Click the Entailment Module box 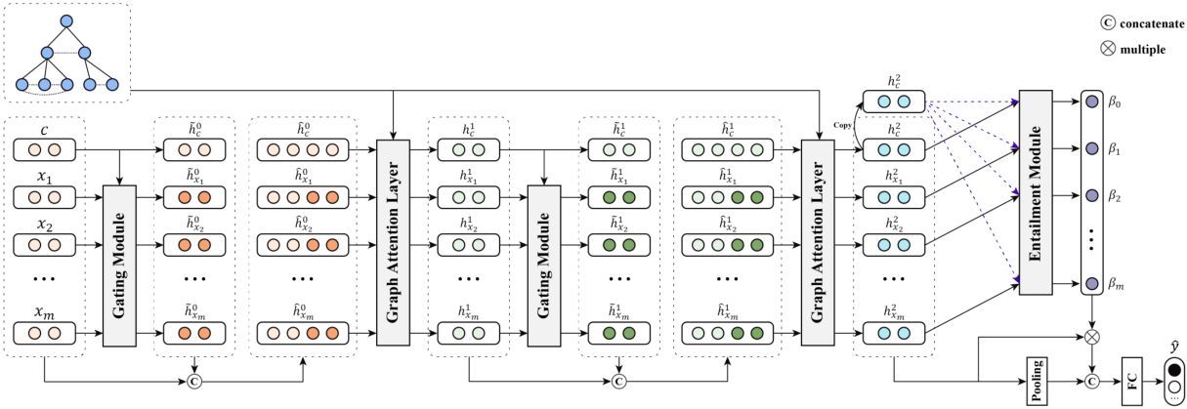click(1036, 192)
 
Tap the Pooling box click(1036, 381)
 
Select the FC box click(1131, 381)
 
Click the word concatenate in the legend click(1152, 23)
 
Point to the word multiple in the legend click(1142, 49)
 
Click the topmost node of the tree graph click(66, 21)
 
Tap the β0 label click(1115, 102)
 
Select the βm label click(1116, 284)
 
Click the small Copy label click(842, 126)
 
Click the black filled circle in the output click(1174, 370)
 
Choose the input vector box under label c click(45, 150)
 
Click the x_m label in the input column click(45, 312)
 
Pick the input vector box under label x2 click(45, 245)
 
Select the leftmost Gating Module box click(119, 266)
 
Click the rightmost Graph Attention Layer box click(817, 243)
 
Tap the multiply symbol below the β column click(1091, 337)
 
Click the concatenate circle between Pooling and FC click(1091, 381)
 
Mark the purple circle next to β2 click(1091, 195)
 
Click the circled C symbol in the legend click(1108, 22)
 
